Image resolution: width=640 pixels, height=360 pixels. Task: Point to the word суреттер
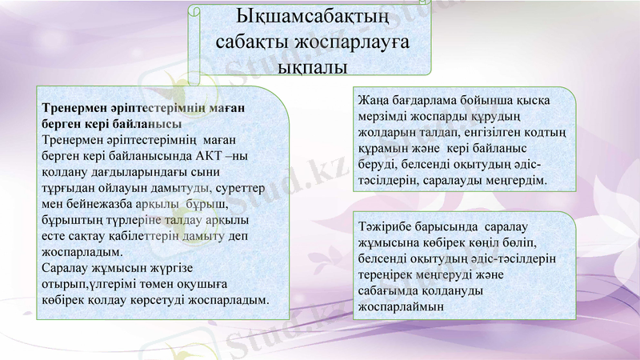[243, 188]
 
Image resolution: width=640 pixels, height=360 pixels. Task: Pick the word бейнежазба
[106, 204]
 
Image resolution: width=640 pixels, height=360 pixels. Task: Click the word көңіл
[477, 243]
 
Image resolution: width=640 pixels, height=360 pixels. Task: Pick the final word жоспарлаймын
[401, 307]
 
